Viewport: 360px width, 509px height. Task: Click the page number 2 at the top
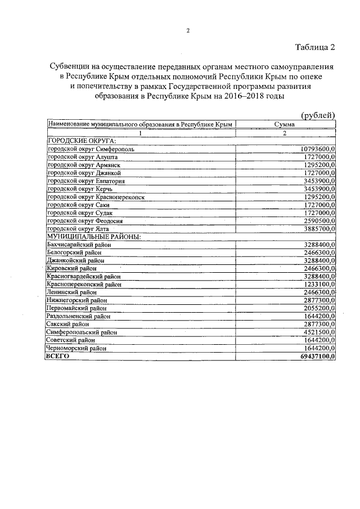[188, 31]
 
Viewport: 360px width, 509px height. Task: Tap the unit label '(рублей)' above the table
[319, 115]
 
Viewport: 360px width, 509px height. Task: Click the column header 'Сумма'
[285, 124]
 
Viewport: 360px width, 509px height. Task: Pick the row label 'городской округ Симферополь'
[91, 149]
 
